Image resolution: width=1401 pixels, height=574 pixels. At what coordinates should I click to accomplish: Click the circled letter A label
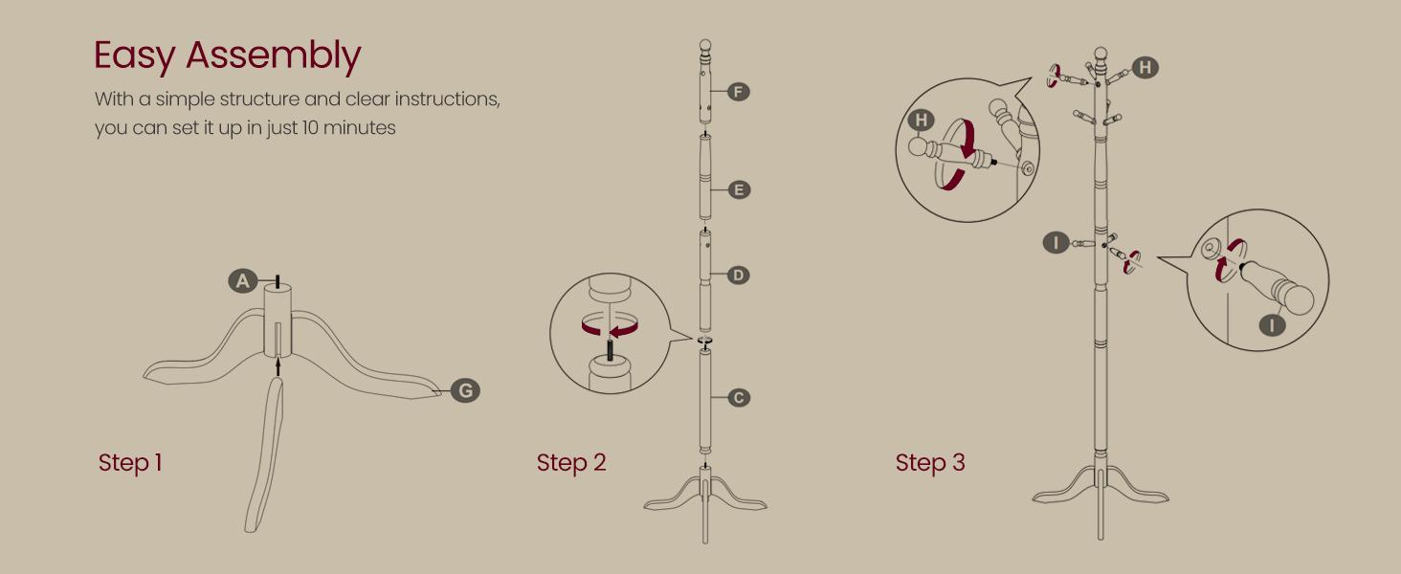point(243,280)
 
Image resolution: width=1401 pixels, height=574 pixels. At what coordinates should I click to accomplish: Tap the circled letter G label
point(465,390)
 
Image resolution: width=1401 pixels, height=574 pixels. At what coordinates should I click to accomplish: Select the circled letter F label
point(738,92)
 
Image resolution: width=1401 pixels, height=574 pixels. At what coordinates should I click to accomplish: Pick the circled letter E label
point(739,190)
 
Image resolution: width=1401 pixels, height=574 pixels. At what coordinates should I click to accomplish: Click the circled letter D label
point(738,276)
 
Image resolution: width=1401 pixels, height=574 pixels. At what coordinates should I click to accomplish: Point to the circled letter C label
point(739,398)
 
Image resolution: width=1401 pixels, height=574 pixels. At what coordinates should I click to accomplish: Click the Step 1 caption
point(130,463)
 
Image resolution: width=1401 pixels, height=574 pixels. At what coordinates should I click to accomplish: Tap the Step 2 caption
point(571,463)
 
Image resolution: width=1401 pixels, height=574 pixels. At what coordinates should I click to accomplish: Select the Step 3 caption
point(930,463)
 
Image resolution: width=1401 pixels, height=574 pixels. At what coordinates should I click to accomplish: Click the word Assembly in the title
point(274,56)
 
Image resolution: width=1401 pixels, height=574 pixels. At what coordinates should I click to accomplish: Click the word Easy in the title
point(135,56)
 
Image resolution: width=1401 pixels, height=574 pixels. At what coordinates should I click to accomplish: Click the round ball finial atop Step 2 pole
point(705,46)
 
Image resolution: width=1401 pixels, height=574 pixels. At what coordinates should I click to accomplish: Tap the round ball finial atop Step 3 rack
point(1101,54)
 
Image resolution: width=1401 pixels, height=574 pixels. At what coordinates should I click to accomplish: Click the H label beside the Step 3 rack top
point(1145,68)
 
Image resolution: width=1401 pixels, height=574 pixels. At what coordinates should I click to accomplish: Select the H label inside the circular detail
point(921,121)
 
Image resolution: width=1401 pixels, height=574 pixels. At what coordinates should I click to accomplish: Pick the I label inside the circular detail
point(1272,325)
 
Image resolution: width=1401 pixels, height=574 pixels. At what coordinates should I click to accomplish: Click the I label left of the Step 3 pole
point(1056,242)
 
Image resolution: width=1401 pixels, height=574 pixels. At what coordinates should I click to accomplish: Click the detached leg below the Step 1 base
point(264,454)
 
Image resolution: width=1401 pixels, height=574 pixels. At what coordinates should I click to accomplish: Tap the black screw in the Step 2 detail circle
point(610,348)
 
